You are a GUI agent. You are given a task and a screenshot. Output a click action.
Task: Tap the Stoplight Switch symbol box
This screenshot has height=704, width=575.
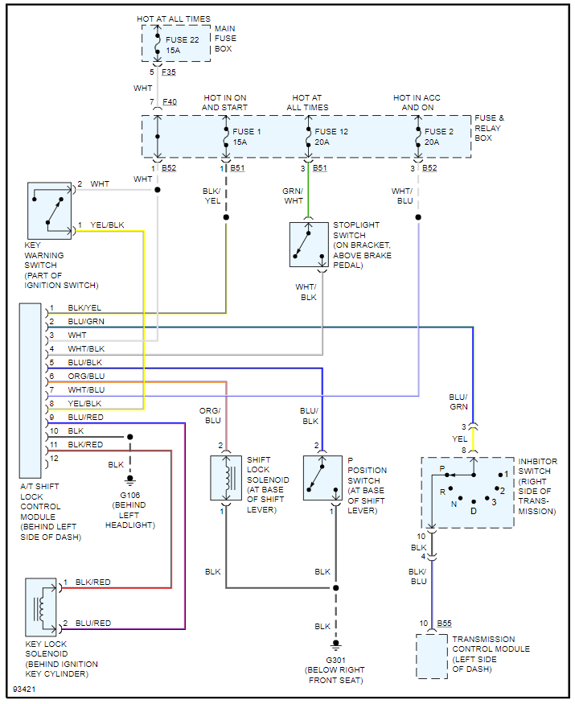coord(309,245)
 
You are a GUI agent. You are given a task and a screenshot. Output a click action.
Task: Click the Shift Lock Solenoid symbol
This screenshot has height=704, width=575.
coord(225,478)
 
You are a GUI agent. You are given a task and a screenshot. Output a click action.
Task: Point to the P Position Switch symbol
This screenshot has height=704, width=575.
coord(322,478)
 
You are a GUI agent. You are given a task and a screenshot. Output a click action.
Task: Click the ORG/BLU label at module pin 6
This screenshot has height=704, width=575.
coord(86,377)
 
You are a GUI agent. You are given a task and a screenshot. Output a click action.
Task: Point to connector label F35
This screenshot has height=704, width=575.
coord(169,72)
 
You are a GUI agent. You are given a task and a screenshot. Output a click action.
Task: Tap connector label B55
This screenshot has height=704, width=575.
coord(445,624)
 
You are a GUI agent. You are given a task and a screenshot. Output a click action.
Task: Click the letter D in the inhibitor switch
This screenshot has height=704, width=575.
coord(474,510)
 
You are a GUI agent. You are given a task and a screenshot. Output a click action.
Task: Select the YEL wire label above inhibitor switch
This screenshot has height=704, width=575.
coord(458,439)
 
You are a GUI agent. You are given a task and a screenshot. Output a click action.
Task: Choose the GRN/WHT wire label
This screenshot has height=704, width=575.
coord(293,196)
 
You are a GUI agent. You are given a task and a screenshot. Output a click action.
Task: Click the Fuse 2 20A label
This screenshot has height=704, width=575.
coord(439,137)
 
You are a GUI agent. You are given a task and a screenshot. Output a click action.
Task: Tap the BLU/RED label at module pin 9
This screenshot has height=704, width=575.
coord(86,418)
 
